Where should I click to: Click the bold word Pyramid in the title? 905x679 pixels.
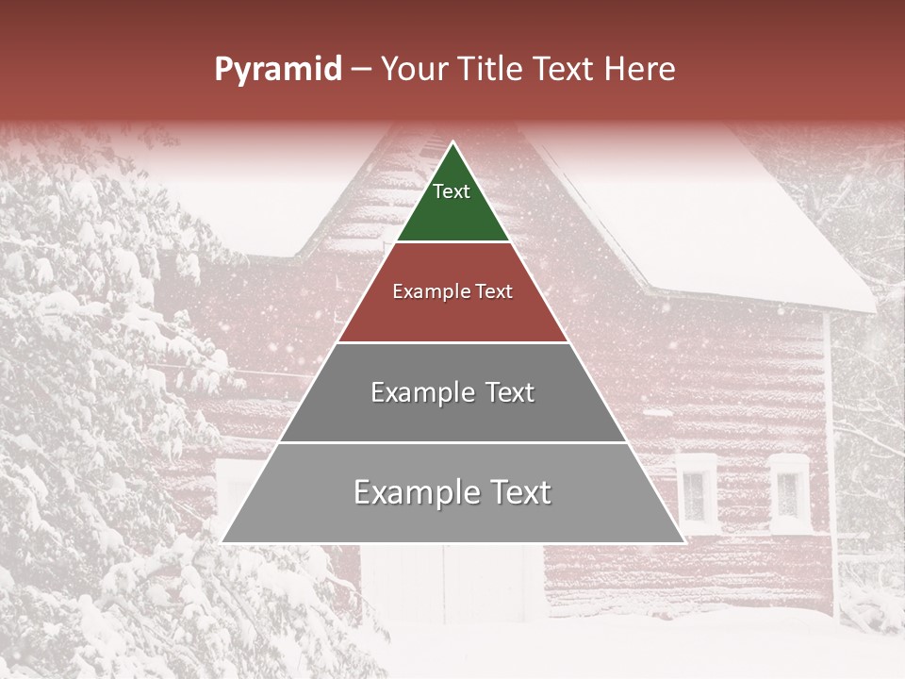pyautogui.click(x=278, y=70)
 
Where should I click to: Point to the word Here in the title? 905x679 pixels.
pyautogui.click(x=640, y=70)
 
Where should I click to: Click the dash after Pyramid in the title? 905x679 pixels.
pyautogui.click(x=361, y=70)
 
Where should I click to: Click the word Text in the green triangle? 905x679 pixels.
pyautogui.click(x=452, y=192)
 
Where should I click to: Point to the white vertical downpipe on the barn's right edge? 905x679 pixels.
pyautogui.click(x=830, y=453)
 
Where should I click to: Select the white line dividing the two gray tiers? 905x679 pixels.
pyautogui.click(x=452, y=442)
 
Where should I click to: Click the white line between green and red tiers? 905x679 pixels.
pyautogui.click(x=452, y=242)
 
